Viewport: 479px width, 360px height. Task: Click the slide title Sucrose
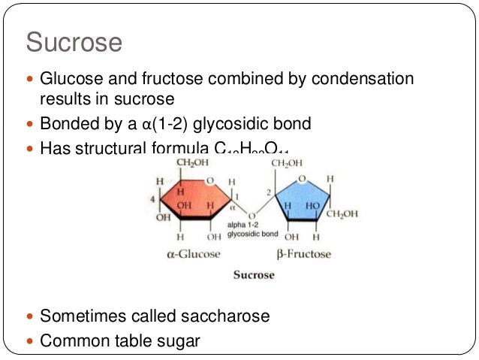74,43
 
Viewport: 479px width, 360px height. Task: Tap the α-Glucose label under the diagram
194,253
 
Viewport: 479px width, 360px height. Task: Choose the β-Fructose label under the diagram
303,253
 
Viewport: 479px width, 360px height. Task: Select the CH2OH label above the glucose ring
193,163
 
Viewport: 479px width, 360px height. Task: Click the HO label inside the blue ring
311,205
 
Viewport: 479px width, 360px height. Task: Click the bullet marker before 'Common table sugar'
30,340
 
